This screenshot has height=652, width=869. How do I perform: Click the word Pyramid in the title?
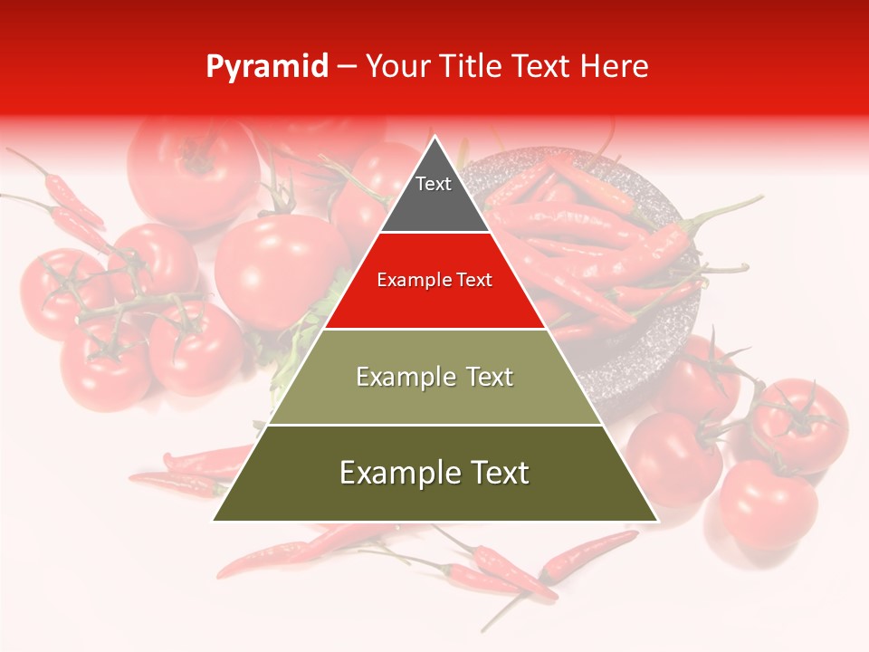pyautogui.click(x=266, y=67)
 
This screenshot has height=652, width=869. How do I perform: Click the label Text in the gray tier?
pyautogui.click(x=433, y=184)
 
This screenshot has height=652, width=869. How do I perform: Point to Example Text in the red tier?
pyautogui.click(x=434, y=280)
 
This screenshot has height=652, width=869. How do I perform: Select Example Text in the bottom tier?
pyautogui.click(x=434, y=473)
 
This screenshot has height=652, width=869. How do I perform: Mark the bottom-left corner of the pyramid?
pyautogui.click(x=215, y=520)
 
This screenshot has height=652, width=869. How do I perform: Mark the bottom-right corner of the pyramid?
pyautogui.click(x=656, y=520)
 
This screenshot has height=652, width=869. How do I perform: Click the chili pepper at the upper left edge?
pyautogui.click(x=72, y=195)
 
